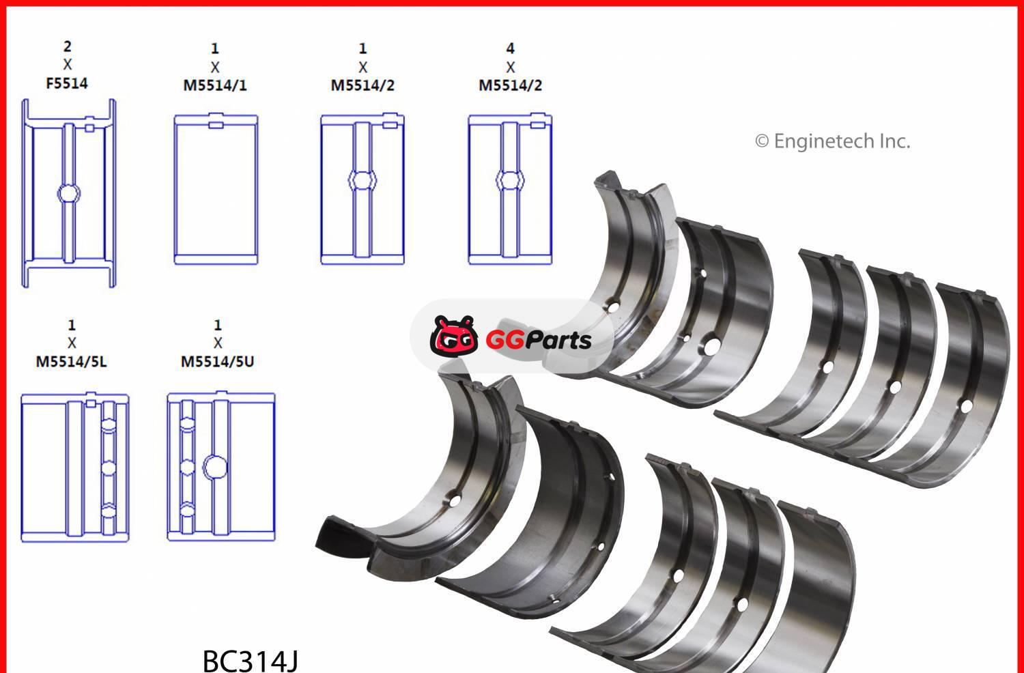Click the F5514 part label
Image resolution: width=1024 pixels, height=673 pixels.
click(x=67, y=83)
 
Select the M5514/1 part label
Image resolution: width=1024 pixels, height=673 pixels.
click(x=215, y=85)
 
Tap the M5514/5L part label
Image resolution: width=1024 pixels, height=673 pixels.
click(x=71, y=362)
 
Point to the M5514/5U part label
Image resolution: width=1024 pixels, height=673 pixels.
click(x=218, y=362)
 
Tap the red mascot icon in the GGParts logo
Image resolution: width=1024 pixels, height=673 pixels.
click(x=453, y=336)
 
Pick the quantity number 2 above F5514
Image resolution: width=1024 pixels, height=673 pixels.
click(x=67, y=46)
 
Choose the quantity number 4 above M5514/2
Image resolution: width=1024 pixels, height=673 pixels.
click(x=510, y=48)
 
